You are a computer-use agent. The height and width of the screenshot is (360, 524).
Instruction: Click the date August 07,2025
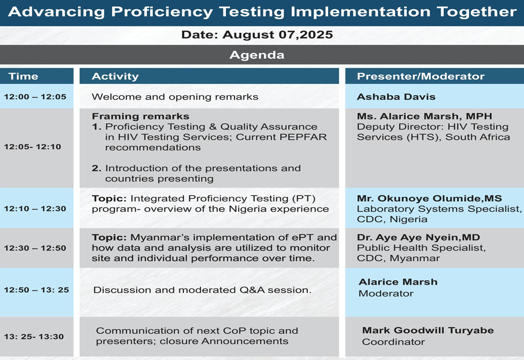[x=278, y=35]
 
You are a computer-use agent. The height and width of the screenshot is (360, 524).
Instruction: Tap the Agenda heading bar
[x=262, y=55]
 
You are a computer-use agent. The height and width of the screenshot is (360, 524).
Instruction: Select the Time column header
[x=37, y=76]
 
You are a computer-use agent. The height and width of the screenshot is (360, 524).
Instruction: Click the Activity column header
[x=209, y=76]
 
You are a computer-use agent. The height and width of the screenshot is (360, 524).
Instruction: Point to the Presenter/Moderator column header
[x=434, y=76]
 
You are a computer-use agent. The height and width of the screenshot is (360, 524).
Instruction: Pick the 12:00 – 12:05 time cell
[x=37, y=96]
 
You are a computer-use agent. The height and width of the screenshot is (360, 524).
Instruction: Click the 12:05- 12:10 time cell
[x=37, y=148]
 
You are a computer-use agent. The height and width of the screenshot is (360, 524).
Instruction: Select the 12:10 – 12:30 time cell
[x=37, y=208]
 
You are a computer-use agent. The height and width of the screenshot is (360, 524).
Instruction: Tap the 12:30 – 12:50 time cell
[x=37, y=248]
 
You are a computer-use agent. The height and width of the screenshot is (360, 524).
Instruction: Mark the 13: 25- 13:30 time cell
[x=37, y=337]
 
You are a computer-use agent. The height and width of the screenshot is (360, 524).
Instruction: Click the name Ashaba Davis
[x=396, y=97]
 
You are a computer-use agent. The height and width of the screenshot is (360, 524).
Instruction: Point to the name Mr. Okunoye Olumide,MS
[x=430, y=199]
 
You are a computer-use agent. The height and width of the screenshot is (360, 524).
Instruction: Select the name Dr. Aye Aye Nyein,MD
[x=419, y=237]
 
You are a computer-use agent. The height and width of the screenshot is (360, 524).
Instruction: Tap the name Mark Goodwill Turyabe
[x=428, y=330]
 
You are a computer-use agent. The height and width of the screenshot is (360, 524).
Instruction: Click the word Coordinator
[x=393, y=342]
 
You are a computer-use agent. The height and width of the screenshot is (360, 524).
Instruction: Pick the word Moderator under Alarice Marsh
[x=386, y=293]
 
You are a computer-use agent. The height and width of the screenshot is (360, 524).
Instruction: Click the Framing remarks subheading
[x=140, y=116]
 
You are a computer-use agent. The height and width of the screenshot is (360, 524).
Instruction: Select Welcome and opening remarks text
[x=175, y=97]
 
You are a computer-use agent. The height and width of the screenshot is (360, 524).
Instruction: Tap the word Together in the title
[x=476, y=12]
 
